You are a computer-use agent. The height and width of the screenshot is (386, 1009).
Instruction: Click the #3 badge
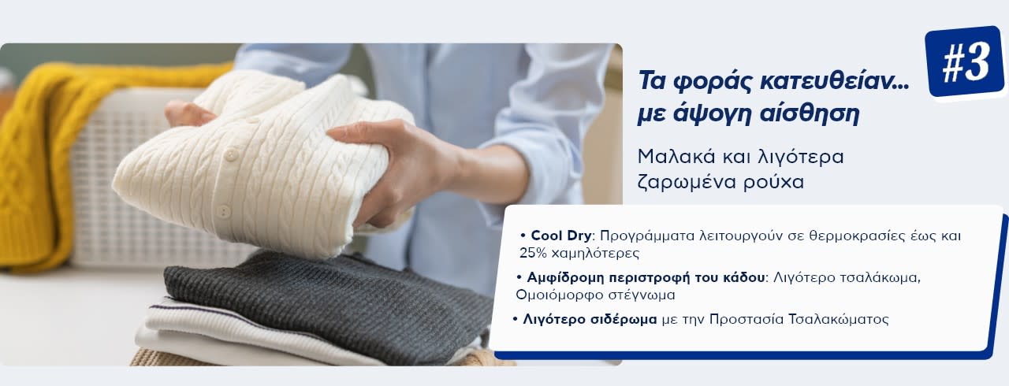tap(965, 61)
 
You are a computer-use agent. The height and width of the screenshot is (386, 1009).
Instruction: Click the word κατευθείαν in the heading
tap(834, 82)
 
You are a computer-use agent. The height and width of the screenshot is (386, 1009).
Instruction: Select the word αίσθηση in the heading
tap(810, 113)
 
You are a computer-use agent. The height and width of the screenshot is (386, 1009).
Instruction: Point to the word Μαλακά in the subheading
tap(676, 157)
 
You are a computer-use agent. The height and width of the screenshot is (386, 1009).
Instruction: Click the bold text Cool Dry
tap(560, 236)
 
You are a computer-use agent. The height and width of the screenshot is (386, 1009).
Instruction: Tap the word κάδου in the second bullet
tap(743, 277)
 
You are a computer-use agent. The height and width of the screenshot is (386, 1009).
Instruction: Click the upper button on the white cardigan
tap(231, 156)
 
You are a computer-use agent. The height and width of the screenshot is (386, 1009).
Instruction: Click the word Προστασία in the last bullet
tap(747, 319)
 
